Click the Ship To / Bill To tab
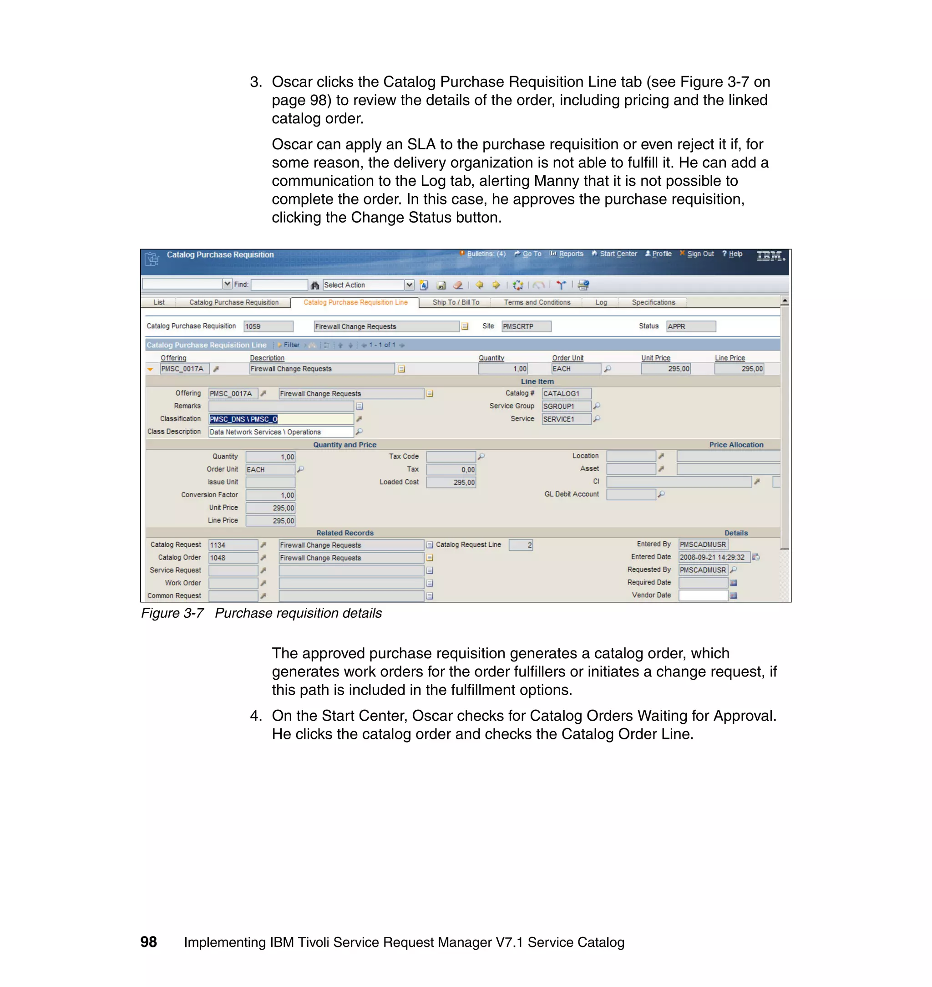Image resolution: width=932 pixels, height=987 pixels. tap(456, 302)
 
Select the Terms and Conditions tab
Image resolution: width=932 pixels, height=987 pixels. tap(537, 302)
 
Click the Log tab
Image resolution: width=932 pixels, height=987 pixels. tap(601, 302)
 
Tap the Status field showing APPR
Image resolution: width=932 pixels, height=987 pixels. tap(690, 326)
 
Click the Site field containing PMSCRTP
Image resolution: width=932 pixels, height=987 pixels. tap(526, 326)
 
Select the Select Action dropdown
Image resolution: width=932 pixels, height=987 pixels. tap(368, 285)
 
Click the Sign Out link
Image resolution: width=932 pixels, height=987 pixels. tap(699, 254)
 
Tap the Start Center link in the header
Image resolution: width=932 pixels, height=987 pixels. tap(618, 254)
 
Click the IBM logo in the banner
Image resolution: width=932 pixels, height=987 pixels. tap(770, 256)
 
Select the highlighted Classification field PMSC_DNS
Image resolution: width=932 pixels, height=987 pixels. tap(281, 419)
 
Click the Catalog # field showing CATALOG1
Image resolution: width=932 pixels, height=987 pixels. tap(566, 394)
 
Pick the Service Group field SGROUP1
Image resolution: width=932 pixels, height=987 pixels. tap(566, 407)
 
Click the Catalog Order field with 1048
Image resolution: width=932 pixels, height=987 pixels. tap(233, 558)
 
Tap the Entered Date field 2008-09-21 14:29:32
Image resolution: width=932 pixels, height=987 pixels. tap(714, 557)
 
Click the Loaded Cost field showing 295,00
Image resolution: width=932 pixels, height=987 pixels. tap(451, 483)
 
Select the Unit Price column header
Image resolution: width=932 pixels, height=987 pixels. tap(655, 358)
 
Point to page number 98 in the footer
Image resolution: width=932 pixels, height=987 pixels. tap(148, 942)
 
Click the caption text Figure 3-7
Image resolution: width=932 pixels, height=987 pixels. tap(172, 613)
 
